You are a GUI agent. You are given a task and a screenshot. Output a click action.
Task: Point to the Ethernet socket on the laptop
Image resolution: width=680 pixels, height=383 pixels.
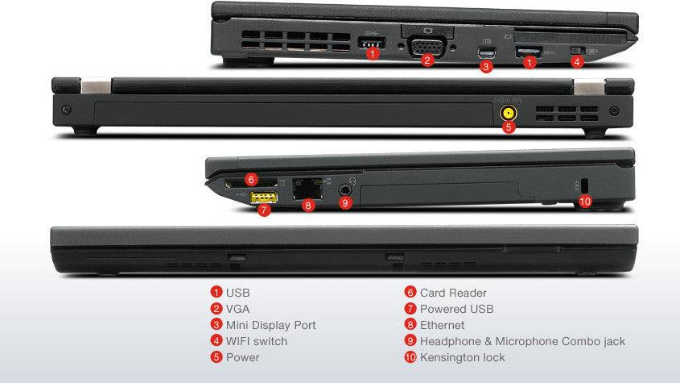pos(307,188)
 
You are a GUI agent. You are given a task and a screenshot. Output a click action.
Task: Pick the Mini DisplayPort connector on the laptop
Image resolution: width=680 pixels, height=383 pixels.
pos(484,53)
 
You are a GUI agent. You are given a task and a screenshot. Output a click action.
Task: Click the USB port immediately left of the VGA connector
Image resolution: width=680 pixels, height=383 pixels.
pos(372,41)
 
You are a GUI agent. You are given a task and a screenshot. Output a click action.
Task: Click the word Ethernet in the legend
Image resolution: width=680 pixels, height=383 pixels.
pos(442,325)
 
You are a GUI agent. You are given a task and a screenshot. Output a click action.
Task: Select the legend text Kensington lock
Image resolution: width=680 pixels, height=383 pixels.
pos(463,357)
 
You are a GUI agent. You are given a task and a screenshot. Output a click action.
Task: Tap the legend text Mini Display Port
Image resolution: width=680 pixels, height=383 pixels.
pos(270,325)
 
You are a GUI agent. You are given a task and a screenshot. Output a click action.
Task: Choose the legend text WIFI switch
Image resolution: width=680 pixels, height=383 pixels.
pos(256,341)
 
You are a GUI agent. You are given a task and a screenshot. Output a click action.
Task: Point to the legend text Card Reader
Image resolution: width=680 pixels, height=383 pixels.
pos(453,293)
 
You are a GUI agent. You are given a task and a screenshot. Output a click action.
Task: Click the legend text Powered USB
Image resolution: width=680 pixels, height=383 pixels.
pos(456,309)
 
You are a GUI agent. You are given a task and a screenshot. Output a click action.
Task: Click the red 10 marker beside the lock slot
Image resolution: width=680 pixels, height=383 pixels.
pos(585,202)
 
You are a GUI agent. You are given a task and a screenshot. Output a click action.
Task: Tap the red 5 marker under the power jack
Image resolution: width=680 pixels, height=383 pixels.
pos(509,127)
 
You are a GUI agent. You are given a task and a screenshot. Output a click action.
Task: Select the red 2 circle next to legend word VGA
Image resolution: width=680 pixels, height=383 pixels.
pos(216,309)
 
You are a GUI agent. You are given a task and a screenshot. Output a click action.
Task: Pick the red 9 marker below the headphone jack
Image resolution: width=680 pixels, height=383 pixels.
pos(345,203)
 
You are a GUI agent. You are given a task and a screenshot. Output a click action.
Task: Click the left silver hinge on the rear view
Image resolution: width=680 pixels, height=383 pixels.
pos(95,85)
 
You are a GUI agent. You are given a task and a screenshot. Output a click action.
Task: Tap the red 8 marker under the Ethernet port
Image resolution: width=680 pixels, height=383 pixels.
pos(307,206)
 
